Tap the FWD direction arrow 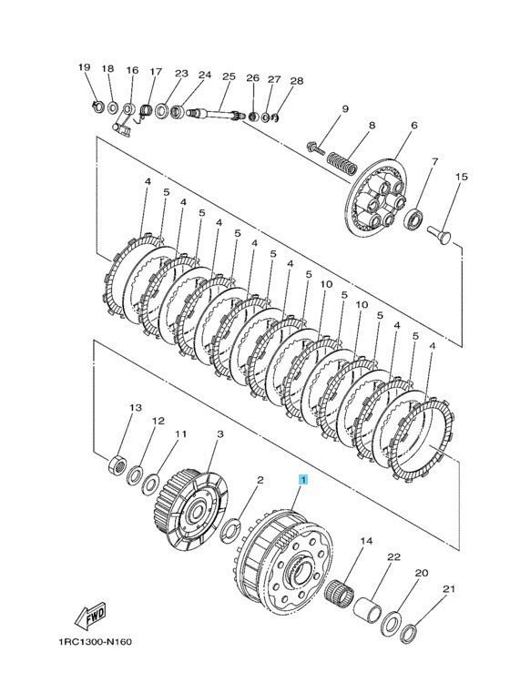pos(92,618)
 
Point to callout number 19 pos(85,68)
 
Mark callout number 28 pos(296,80)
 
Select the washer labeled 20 pos(393,623)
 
